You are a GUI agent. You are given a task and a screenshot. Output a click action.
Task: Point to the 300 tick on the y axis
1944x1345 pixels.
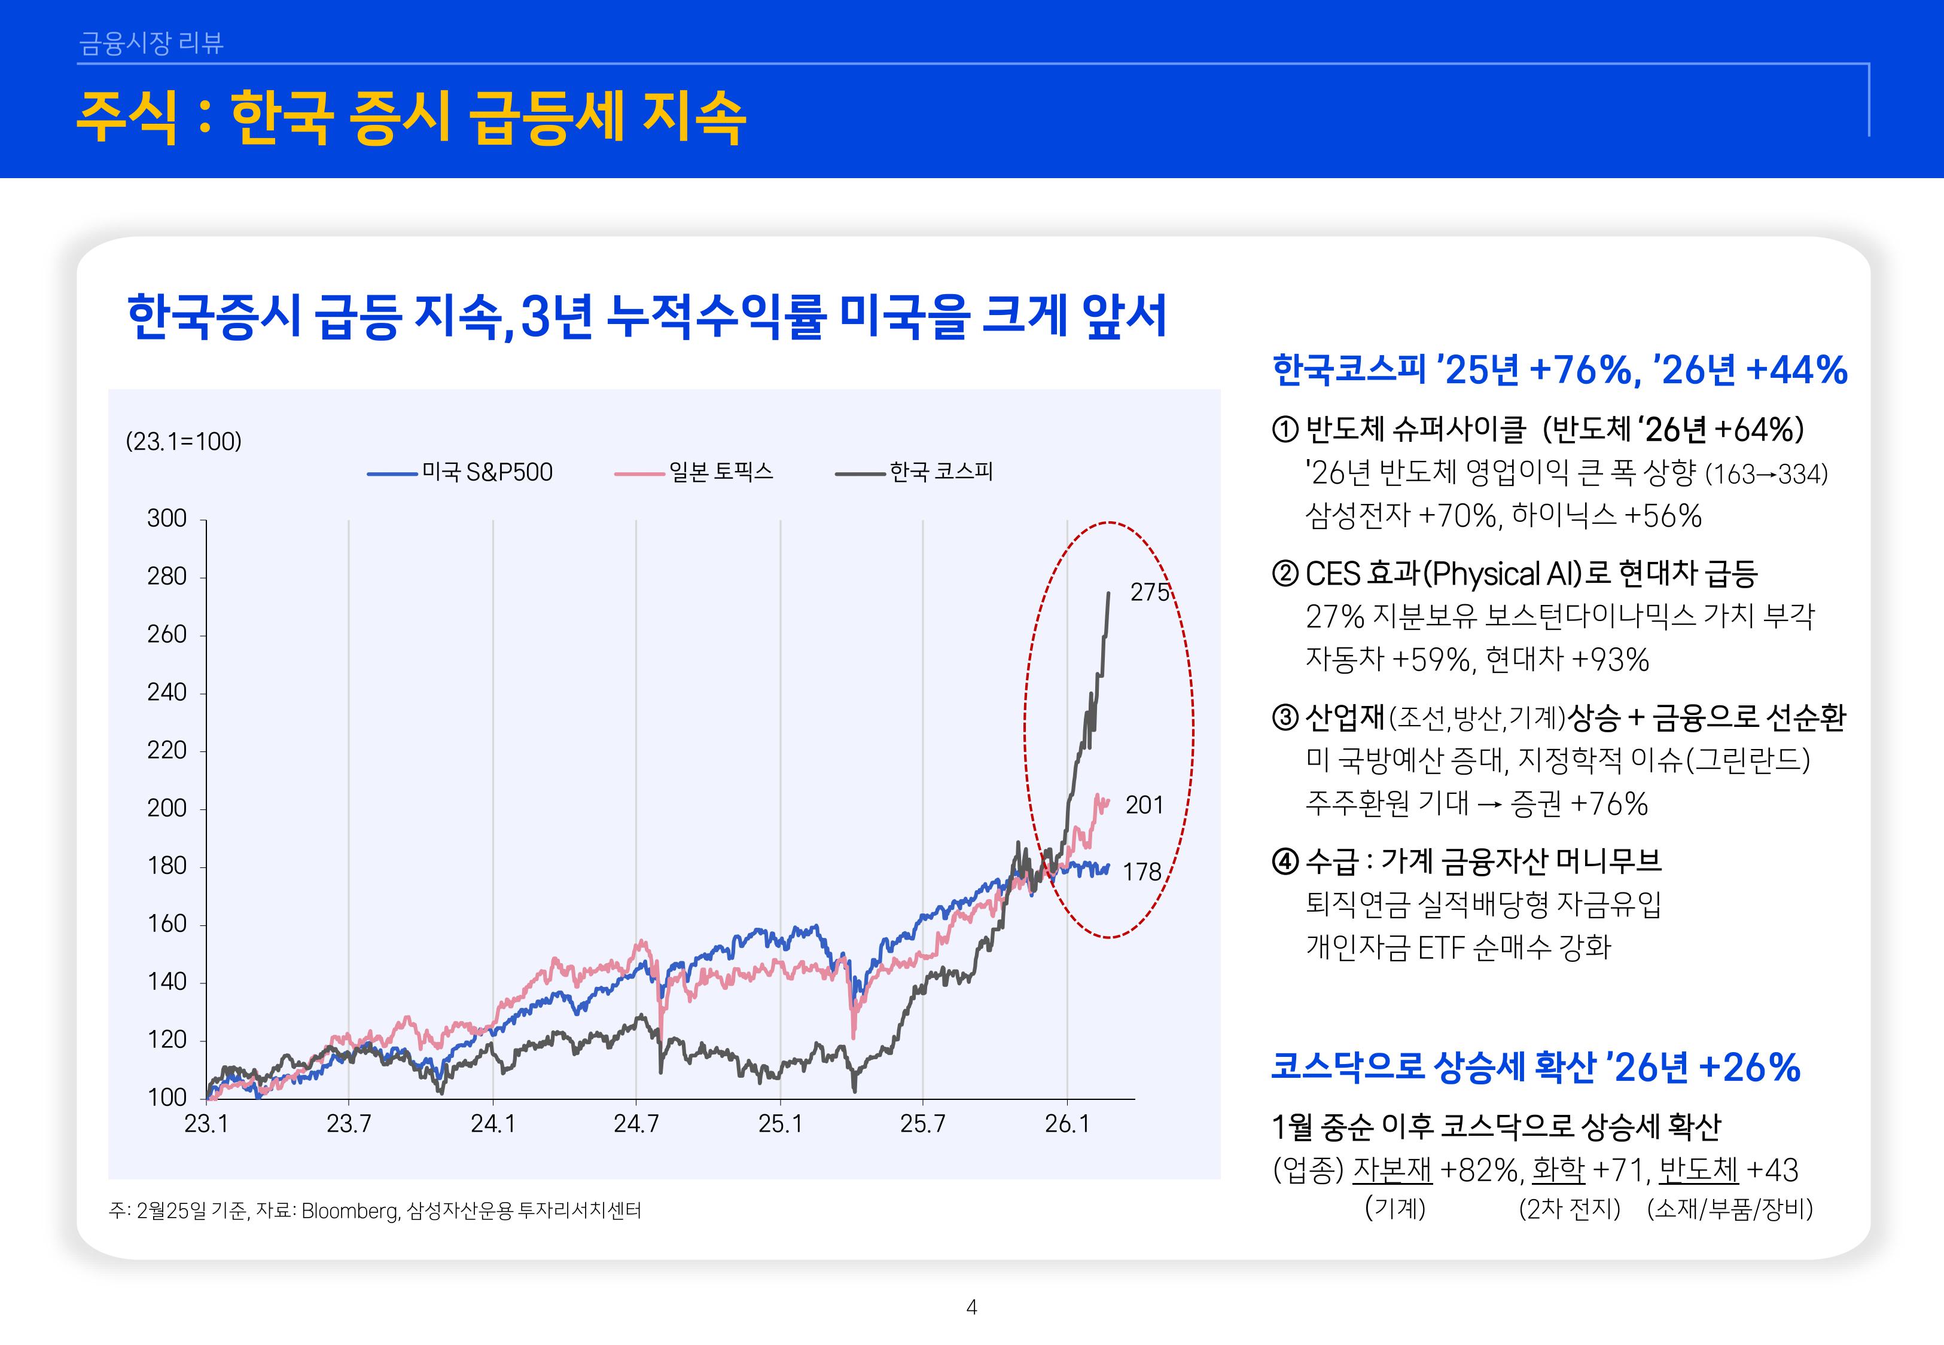point(167,518)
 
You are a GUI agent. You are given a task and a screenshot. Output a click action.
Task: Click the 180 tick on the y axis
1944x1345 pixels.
point(167,866)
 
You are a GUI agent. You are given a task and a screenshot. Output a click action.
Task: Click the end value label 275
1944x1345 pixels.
point(1149,592)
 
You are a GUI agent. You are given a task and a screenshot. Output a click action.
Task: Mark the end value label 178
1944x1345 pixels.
point(1141,872)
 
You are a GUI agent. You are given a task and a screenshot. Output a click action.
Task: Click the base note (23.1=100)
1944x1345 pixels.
point(184,442)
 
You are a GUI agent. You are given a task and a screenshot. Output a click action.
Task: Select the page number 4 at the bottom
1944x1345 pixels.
point(971,1307)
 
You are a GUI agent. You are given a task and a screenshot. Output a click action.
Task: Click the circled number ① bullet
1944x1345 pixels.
point(1285,430)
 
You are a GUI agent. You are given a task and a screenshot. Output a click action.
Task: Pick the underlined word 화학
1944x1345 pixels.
point(1558,1170)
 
